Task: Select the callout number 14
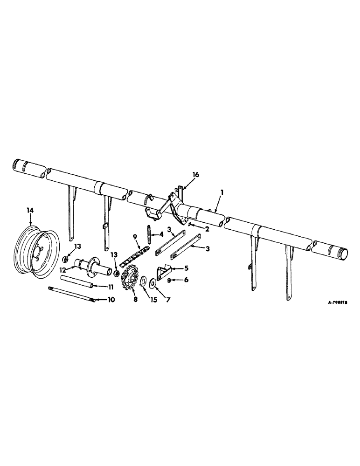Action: click(x=30, y=211)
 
